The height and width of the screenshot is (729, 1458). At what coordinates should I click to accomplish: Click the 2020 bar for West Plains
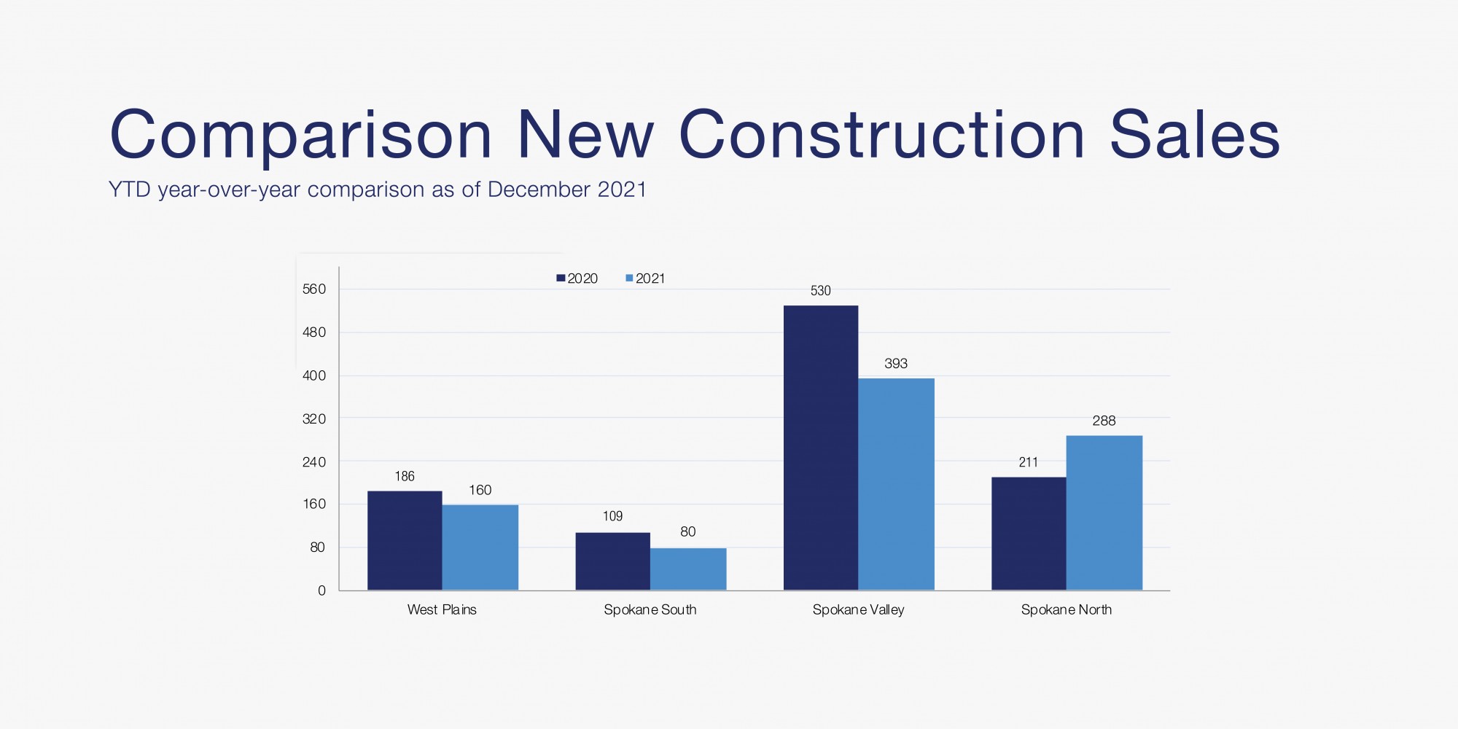click(405, 540)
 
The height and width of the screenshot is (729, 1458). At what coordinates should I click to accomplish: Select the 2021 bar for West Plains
click(480, 547)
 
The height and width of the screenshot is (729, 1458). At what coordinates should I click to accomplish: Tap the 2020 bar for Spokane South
click(612, 561)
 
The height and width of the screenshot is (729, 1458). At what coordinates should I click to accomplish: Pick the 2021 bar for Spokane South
click(688, 569)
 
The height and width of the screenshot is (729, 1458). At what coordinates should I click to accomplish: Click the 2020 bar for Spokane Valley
click(821, 448)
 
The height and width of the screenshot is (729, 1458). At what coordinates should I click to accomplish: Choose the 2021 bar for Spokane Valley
click(896, 484)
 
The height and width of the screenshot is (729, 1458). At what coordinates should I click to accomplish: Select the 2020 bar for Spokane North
click(1029, 534)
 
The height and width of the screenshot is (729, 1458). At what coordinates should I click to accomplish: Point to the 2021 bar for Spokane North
click(1104, 512)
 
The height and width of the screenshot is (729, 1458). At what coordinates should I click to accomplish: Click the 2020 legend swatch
click(561, 278)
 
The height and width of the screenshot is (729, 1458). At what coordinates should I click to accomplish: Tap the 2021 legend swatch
click(629, 278)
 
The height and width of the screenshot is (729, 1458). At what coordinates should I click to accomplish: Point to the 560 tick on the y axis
click(314, 289)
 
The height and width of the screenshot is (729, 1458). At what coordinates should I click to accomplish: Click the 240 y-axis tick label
click(314, 462)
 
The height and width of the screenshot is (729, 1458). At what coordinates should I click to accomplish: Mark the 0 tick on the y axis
click(321, 590)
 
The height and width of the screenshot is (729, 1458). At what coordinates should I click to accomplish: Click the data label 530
click(820, 291)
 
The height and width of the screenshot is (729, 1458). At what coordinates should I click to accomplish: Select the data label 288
click(1104, 421)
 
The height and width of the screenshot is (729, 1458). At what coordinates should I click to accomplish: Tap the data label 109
click(612, 516)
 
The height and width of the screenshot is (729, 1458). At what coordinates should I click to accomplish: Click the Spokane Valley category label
click(858, 609)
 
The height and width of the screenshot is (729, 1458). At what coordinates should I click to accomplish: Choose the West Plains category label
click(442, 609)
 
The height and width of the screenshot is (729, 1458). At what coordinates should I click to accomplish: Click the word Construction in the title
click(882, 136)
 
